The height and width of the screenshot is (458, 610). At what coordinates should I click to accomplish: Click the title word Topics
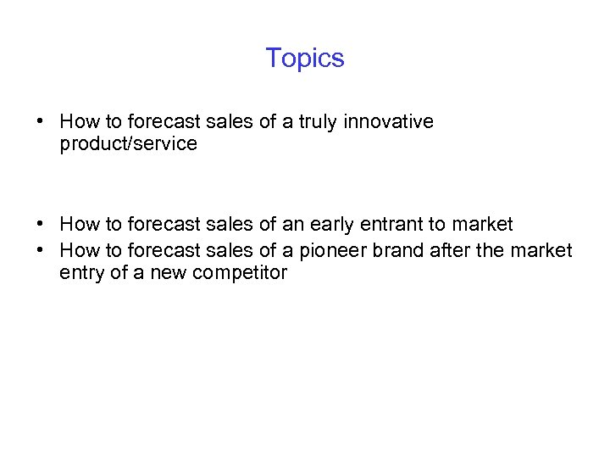pos(305,59)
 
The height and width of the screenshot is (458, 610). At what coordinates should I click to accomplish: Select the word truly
pos(315,122)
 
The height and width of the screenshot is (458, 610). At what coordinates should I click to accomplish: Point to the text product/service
pos(129,144)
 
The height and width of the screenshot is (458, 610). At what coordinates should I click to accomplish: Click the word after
pos(454,251)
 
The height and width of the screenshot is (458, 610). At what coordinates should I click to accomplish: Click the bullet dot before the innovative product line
pos(41,122)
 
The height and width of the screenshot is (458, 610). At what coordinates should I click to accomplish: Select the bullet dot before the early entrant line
pos(41,225)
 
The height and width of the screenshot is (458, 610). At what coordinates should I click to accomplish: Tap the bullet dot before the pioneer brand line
pos(41,251)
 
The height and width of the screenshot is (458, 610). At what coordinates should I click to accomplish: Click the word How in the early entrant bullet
pos(80,225)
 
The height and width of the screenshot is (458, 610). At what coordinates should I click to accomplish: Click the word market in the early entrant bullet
pos(482,225)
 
